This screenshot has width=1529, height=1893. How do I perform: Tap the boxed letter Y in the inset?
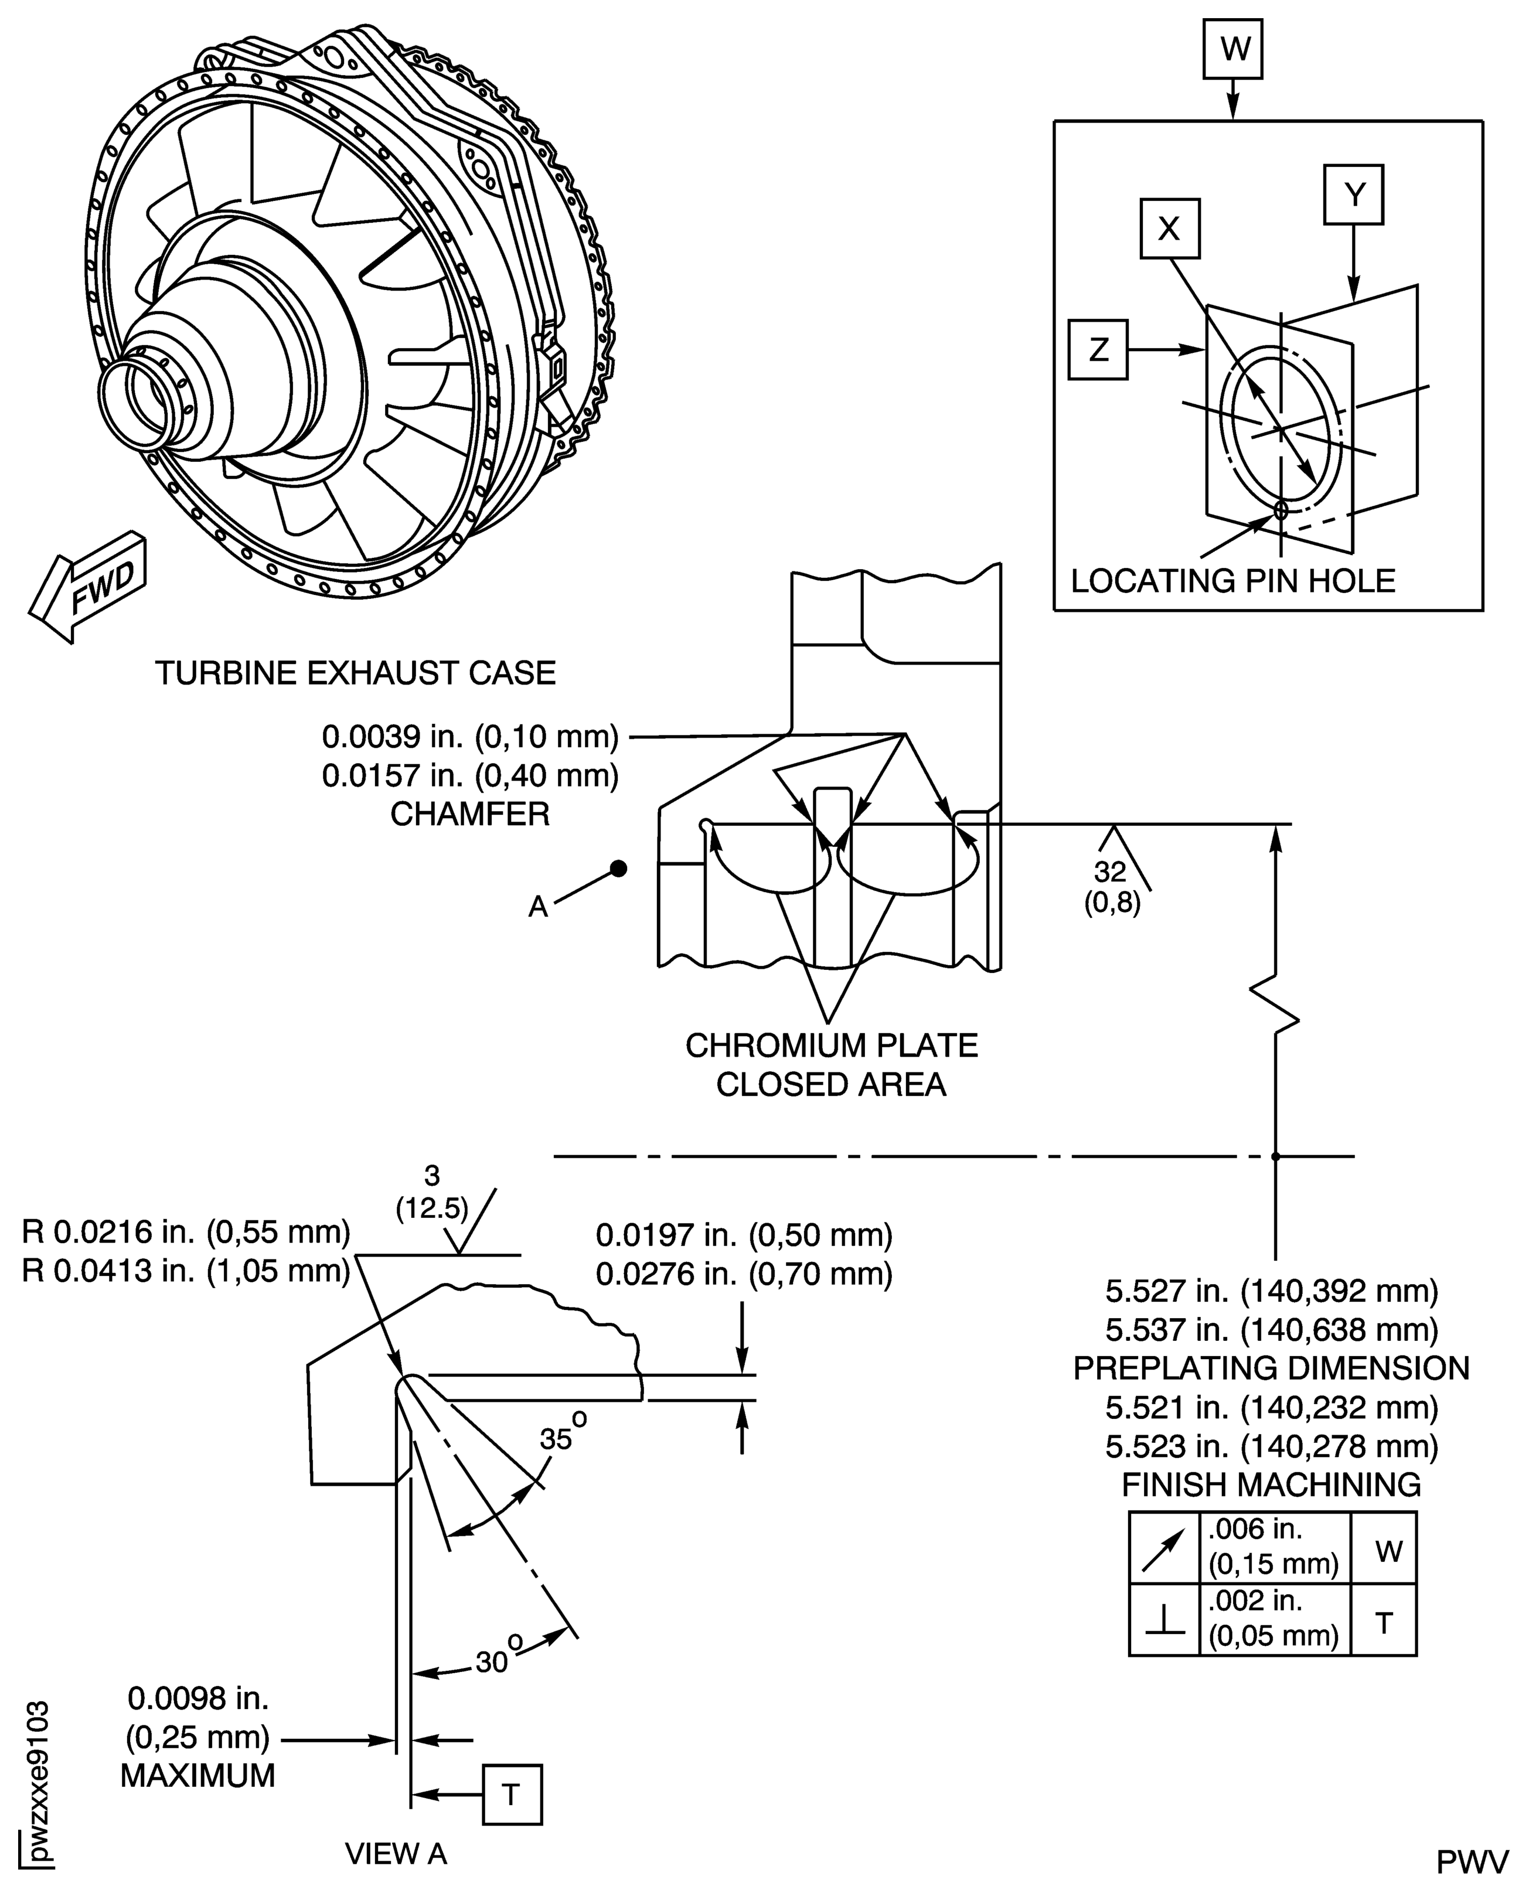pos(1354,195)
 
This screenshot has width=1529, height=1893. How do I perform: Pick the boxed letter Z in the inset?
pos(1098,350)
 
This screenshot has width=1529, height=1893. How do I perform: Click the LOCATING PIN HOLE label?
pos(1233,581)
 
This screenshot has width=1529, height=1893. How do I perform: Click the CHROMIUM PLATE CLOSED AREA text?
pos(832,1064)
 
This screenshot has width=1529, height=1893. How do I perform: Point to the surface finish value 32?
pos(1110,871)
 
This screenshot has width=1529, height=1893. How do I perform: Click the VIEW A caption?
pos(396,1854)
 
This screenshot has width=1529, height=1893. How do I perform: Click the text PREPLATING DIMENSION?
pos(1271,1368)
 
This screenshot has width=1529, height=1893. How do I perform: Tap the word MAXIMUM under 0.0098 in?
pos(197,1775)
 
